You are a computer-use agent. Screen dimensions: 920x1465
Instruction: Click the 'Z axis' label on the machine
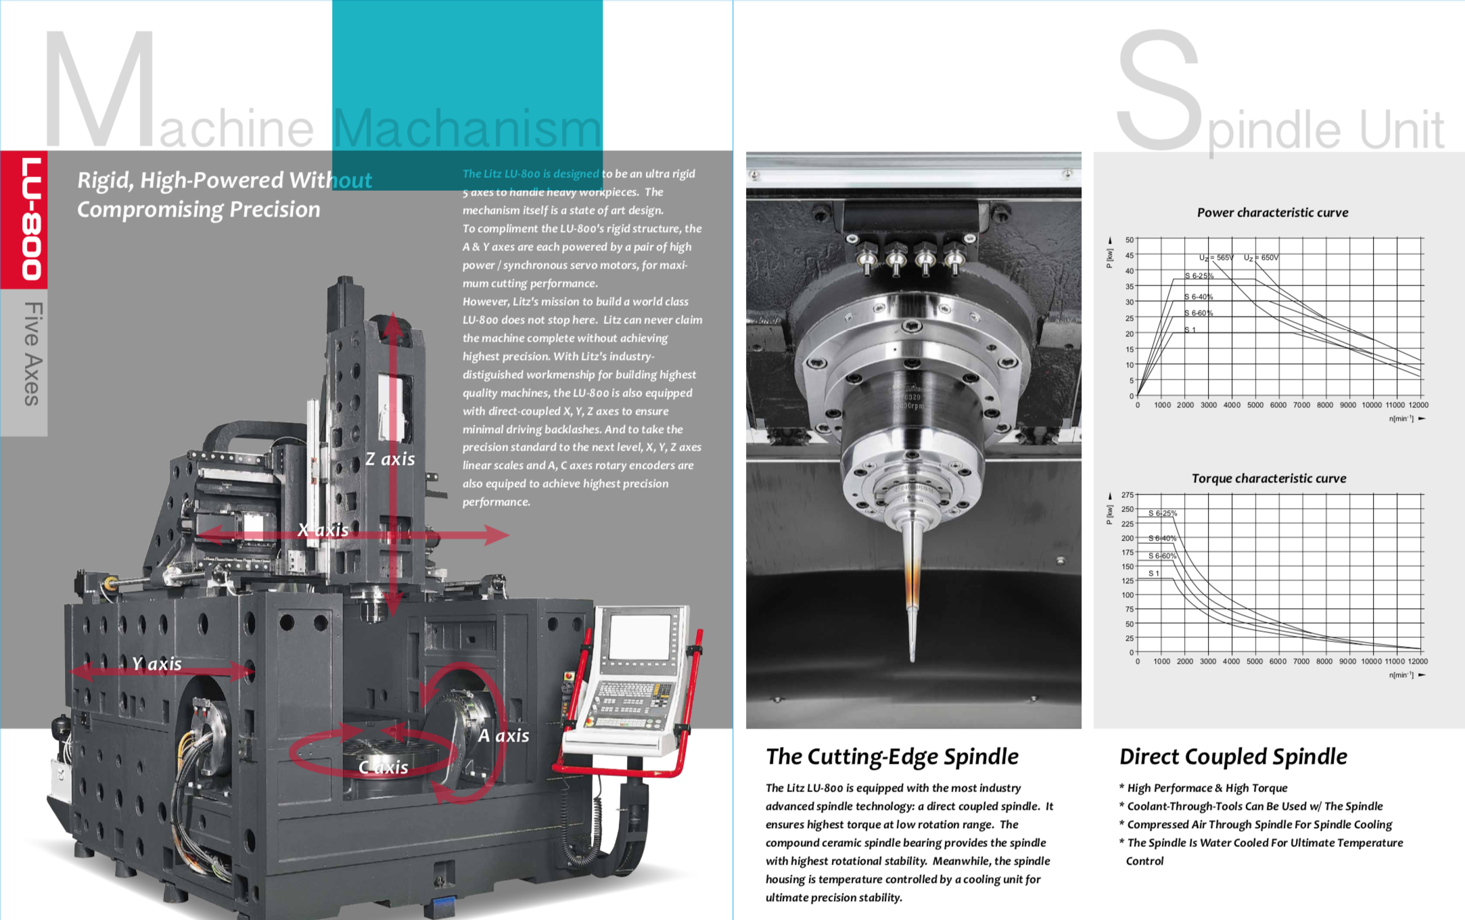click(x=390, y=459)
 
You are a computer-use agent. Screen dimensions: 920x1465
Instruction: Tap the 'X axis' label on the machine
click(x=323, y=530)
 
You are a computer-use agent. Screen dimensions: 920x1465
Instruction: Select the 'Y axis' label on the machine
click(x=157, y=664)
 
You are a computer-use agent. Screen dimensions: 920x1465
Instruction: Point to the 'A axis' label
click(x=504, y=735)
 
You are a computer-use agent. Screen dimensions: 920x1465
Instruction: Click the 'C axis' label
click(x=383, y=767)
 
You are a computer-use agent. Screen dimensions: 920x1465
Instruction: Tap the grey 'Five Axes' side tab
click(x=32, y=354)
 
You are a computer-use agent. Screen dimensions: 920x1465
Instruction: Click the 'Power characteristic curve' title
click(x=1272, y=212)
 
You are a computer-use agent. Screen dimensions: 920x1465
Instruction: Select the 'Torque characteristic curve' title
click(x=1268, y=478)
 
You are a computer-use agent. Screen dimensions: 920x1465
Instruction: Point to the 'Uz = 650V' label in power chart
click(x=1261, y=258)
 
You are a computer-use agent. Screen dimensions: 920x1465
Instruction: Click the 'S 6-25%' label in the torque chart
click(x=1162, y=513)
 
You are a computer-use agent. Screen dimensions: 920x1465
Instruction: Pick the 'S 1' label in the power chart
click(x=1190, y=330)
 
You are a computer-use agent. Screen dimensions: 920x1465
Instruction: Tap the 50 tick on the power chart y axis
click(x=1129, y=240)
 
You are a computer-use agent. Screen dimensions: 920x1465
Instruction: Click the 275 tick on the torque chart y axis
click(x=1127, y=495)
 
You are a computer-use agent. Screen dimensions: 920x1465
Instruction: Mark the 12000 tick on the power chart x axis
click(x=1418, y=405)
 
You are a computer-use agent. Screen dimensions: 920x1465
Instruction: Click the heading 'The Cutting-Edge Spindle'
click(x=891, y=756)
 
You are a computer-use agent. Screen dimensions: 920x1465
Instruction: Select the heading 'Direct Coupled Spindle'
click(x=1232, y=756)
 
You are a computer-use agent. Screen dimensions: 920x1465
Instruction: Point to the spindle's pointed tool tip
click(x=912, y=656)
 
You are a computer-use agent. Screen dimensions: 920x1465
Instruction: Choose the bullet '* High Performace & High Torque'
click(x=1204, y=788)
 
